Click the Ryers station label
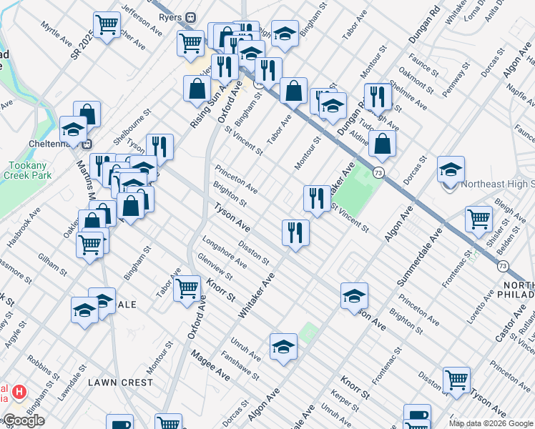pyautogui.click(x=170, y=16)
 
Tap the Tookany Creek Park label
pyautogui.click(x=26, y=169)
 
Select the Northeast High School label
pyautogui.click(x=499, y=184)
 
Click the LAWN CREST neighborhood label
pyautogui.click(x=120, y=383)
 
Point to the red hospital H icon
pyautogui.click(x=20, y=392)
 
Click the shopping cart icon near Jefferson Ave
pyautogui.click(x=107, y=26)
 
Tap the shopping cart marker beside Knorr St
pyautogui.click(x=187, y=289)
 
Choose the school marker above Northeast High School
pyautogui.click(x=451, y=170)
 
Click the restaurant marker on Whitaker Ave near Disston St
pyautogui.click(x=295, y=232)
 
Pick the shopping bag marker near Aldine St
pyautogui.click(x=383, y=143)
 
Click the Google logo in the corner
pyautogui.click(x=24, y=420)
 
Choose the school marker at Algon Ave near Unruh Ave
pyautogui.click(x=283, y=347)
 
